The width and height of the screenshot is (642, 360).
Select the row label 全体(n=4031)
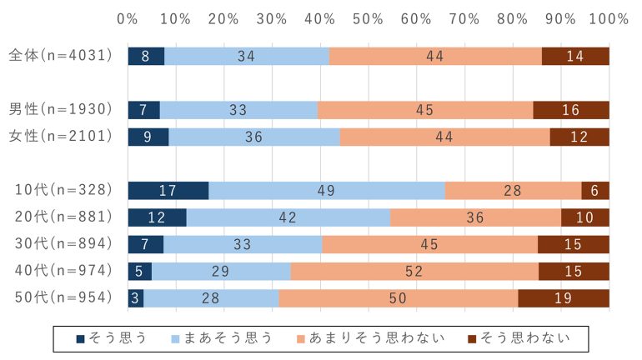tap(59, 56)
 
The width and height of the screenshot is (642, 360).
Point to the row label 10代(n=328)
tap(61, 190)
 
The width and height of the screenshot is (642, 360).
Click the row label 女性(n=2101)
tap(59, 137)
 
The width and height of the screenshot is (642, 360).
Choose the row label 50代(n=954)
tap(61, 298)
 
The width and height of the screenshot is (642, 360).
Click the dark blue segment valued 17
tap(168, 190)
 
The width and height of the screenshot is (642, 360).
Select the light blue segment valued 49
tap(327, 190)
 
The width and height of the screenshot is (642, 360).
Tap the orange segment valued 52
tap(414, 271)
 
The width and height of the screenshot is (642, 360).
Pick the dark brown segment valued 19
tap(564, 298)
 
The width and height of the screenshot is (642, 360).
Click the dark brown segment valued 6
tap(595, 190)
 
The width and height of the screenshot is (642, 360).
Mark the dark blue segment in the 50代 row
tap(135, 298)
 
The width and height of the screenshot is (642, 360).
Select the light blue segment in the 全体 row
tap(247, 56)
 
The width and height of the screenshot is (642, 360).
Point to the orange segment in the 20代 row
tap(475, 217)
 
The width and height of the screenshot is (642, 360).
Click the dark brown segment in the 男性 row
tap(571, 110)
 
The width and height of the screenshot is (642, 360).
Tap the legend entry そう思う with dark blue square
tap(112, 337)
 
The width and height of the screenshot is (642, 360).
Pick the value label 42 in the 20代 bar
tap(288, 217)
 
